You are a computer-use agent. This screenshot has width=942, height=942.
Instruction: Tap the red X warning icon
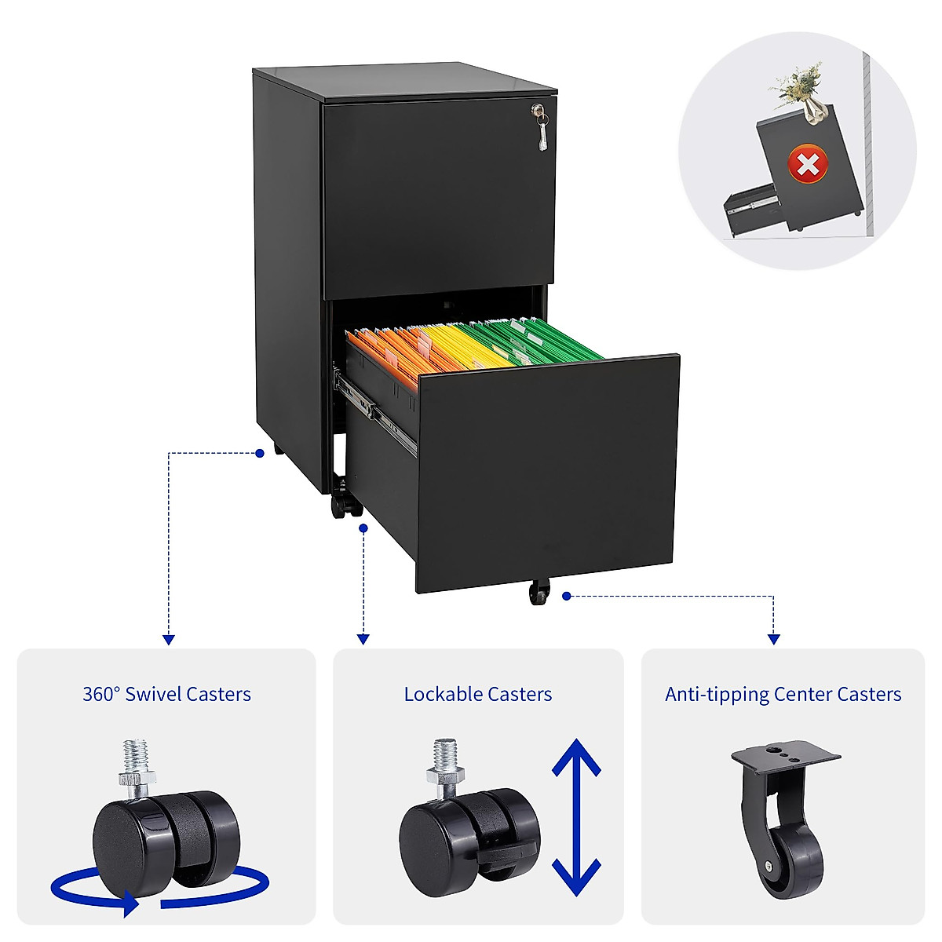(x=808, y=165)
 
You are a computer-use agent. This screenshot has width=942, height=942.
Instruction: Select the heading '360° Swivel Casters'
(x=166, y=694)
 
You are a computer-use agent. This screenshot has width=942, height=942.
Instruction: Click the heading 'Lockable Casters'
(x=477, y=694)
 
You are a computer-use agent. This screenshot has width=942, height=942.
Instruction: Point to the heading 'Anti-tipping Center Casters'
(x=783, y=694)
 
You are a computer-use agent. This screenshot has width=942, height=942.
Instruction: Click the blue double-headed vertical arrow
(x=576, y=817)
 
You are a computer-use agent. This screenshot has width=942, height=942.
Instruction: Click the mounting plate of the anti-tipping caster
(x=785, y=758)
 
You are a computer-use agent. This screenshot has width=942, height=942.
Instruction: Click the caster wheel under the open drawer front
(x=539, y=593)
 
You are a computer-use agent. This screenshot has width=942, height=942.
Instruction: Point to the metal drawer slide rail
(x=375, y=409)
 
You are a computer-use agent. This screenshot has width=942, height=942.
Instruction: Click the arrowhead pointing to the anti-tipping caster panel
(x=774, y=640)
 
